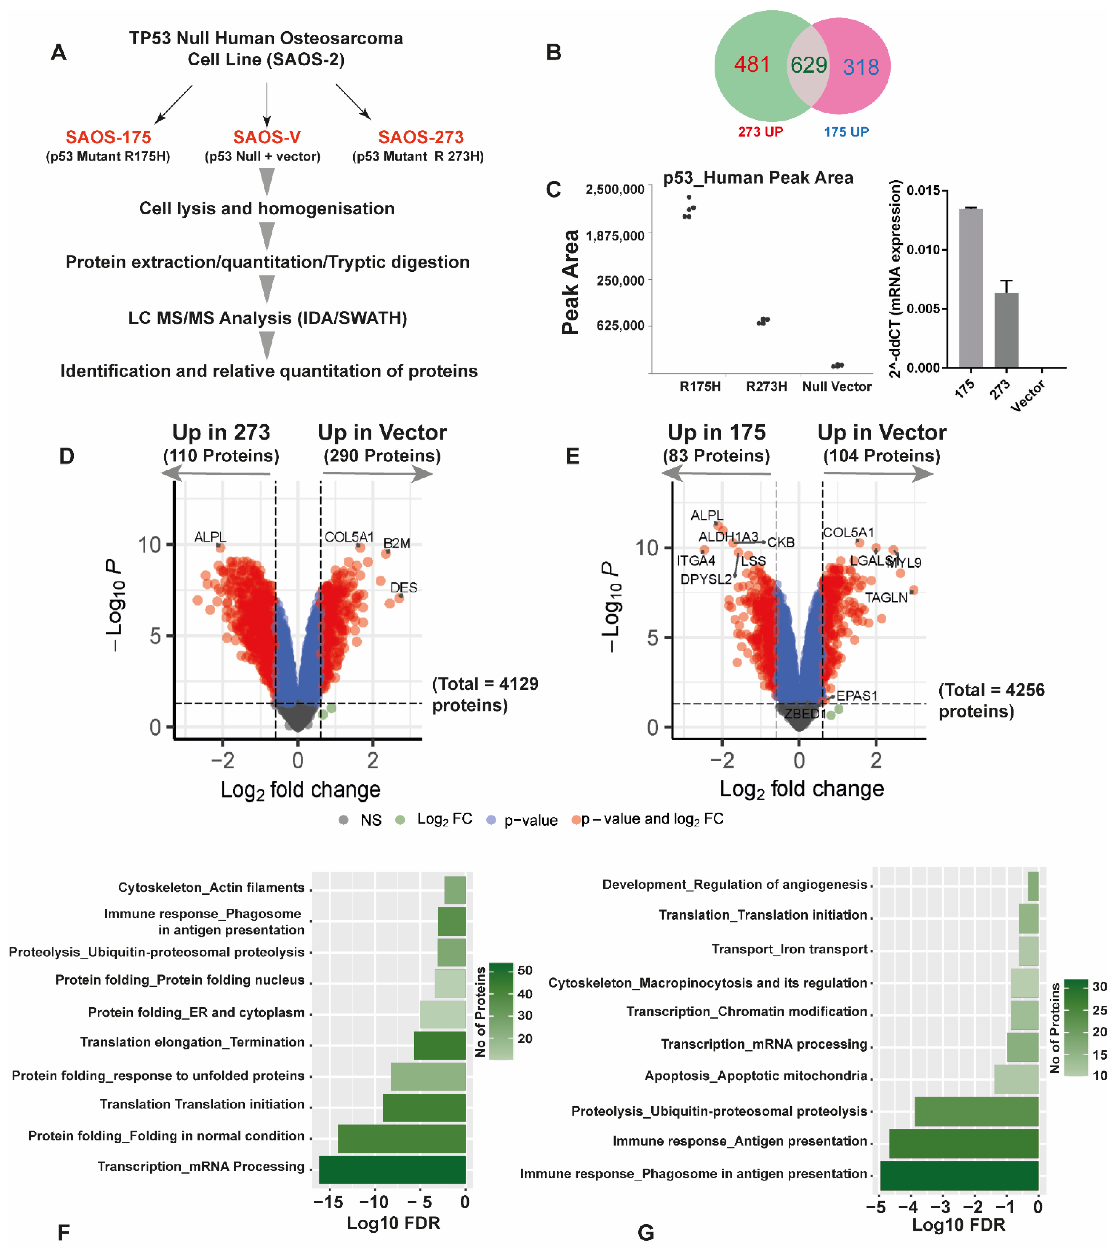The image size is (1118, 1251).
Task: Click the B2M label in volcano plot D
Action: pyautogui.click(x=397, y=543)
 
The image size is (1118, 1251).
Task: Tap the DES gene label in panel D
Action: pyautogui.click(x=404, y=587)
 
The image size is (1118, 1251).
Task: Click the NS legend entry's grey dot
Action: pyautogui.click(x=344, y=820)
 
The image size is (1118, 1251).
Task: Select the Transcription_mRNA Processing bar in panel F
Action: pyautogui.click(x=392, y=1169)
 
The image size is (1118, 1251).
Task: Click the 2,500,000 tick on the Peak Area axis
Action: pyautogui.click(x=614, y=189)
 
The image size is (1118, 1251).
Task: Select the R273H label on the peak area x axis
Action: pyautogui.click(x=766, y=387)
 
